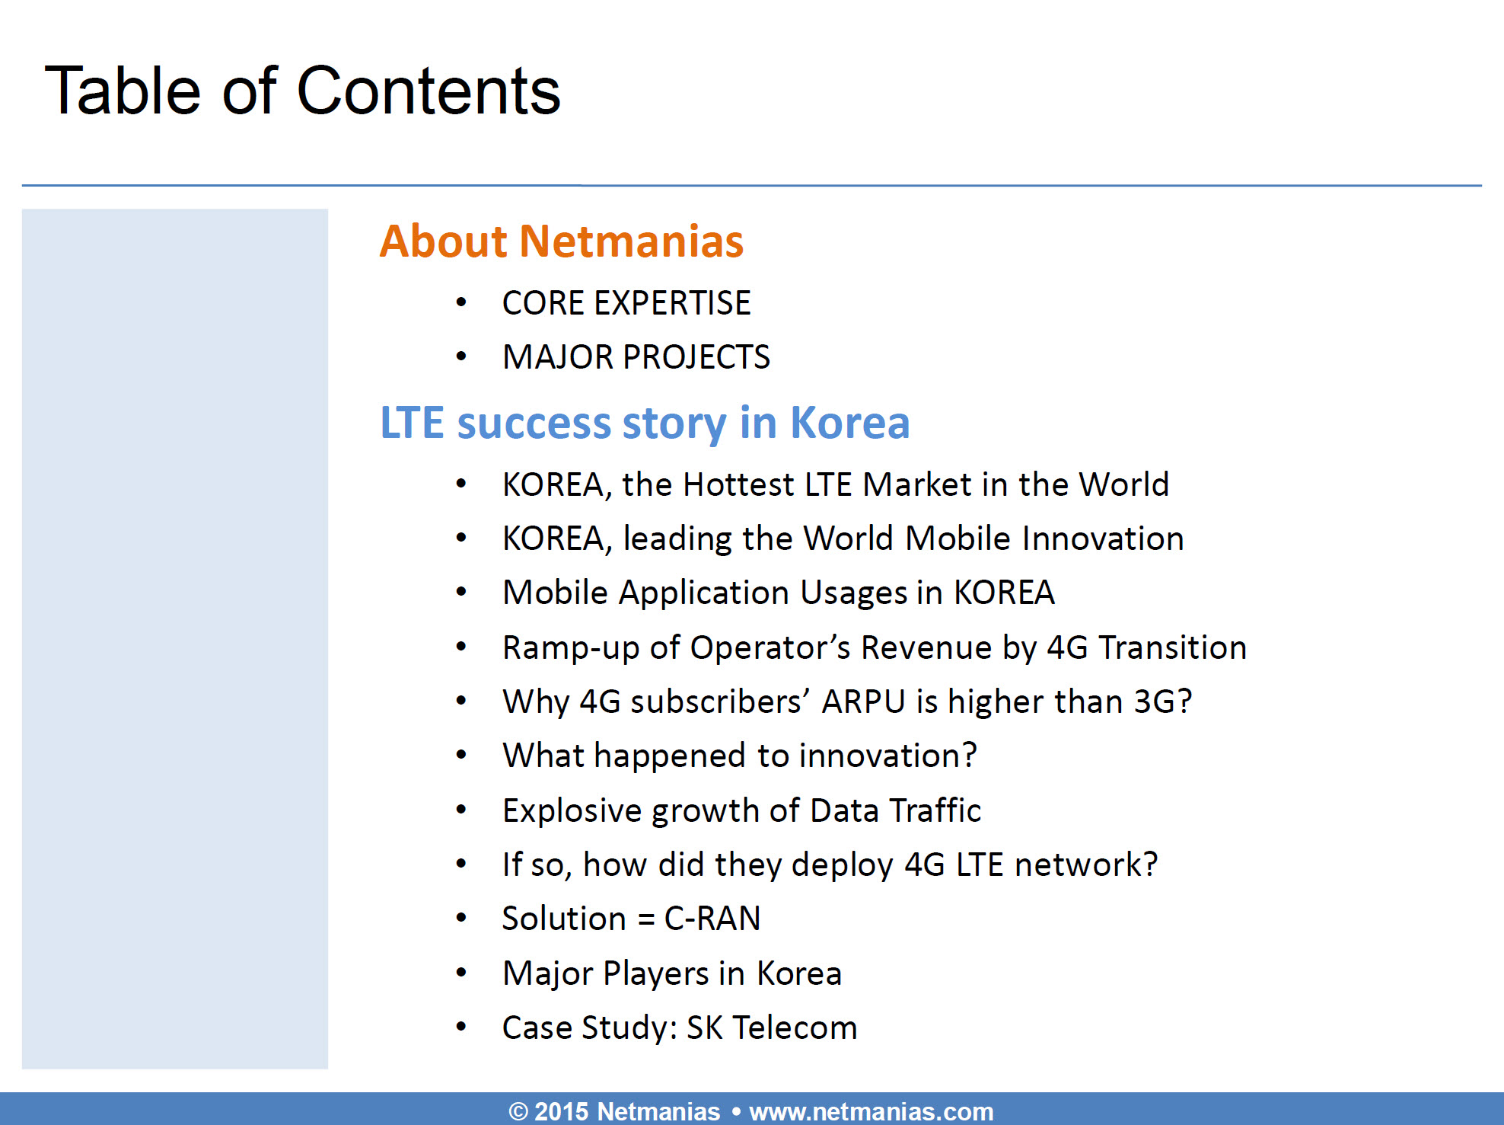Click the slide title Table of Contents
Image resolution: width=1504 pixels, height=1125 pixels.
click(303, 91)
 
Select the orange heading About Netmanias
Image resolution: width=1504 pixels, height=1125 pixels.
click(562, 241)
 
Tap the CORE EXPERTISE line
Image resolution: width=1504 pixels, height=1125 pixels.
click(626, 303)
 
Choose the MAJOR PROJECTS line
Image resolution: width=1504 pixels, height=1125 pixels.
click(636, 357)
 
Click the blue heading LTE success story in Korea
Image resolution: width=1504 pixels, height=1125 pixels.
click(645, 423)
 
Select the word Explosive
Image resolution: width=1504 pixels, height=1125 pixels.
click(572, 811)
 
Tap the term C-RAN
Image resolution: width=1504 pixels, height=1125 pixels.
click(712, 919)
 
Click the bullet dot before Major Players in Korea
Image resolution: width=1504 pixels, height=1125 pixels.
click(461, 973)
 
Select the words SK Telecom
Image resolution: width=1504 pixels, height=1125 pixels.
click(772, 1028)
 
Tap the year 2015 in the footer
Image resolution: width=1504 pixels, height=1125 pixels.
click(561, 1111)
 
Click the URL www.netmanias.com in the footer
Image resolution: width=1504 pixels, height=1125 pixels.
click(871, 1112)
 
